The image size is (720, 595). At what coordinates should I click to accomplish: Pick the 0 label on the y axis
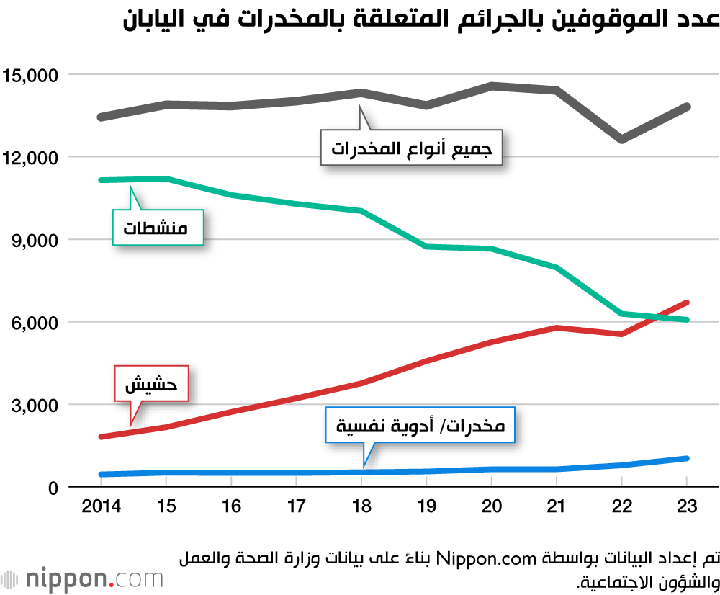pos(53,488)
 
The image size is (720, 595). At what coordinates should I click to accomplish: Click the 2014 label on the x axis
pos(102,506)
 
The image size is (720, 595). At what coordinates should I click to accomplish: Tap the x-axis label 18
pos(361,506)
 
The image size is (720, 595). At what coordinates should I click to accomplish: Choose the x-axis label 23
pos(687,506)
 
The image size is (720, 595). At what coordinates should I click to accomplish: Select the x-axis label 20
pos(491,506)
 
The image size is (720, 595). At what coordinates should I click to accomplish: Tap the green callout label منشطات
pos(156,228)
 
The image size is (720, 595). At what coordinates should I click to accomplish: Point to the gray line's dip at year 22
pos(621,138)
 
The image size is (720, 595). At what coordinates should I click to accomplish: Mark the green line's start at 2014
pos(102,180)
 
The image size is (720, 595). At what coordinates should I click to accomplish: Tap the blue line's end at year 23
pos(686,458)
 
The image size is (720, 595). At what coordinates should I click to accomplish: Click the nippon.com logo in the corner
pos(82,579)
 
